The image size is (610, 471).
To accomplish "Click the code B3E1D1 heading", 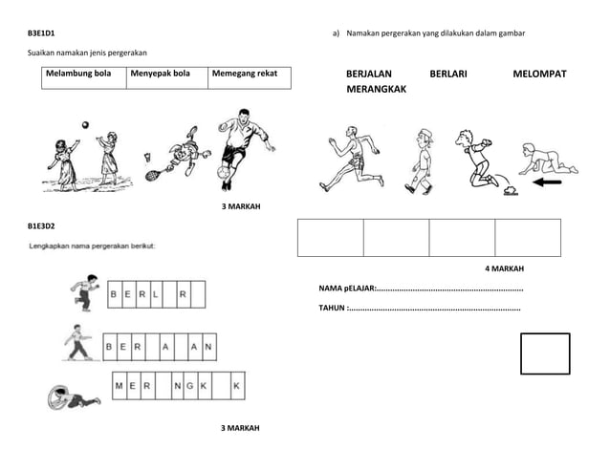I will (40, 33).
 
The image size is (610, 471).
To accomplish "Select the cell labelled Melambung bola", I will (84, 77).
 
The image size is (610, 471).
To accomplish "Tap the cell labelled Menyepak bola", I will (166, 77).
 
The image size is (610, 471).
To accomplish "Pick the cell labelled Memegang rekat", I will (249, 77).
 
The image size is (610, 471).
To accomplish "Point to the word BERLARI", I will (448, 74).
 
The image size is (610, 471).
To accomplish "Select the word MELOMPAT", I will (539, 74).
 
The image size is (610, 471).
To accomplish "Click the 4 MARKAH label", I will (504, 268).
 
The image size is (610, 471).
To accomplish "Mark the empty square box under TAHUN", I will (545, 353).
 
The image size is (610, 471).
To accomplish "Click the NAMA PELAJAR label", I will (347, 289).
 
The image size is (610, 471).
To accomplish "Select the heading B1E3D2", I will (40, 225).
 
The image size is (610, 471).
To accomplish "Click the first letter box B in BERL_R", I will (115, 294).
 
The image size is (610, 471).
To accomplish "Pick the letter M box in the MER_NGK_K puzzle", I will (120, 386).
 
